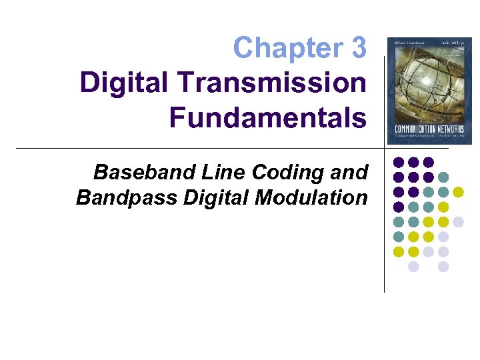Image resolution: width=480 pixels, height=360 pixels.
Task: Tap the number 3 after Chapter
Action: tap(357, 48)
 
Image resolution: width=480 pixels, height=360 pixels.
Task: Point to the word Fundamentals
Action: tap(267, 117)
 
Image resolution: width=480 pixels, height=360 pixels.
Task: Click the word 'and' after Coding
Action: tap(349, 172)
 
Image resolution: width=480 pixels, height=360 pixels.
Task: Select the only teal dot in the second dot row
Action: tap(443, 177)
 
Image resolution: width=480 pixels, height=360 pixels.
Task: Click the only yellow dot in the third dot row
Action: tap(458, 192)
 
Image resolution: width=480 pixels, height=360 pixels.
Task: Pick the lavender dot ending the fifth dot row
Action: tap(458, 222)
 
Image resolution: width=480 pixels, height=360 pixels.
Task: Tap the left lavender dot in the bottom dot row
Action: tap(413, 267)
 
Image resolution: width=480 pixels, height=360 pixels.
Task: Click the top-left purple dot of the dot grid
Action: tap(399, 162)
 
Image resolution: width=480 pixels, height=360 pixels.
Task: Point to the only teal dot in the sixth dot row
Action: tap(399, 237)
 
